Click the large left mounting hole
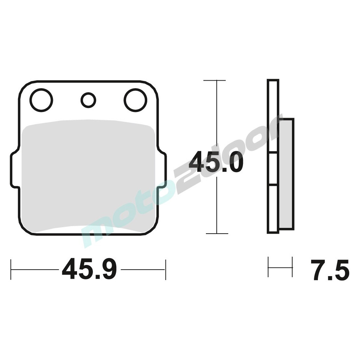click(x=41, y=100)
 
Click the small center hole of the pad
click(x=88, y=100)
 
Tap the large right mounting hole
click(x=135, y=100)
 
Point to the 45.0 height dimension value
click(x=216, y=162)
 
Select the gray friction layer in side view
click(x=286, y=173)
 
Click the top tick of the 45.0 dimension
click(x=215, y=80)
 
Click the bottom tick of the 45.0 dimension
click(x=217, y=234)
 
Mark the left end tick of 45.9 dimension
click(x=11, y=269)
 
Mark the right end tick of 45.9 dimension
click(x=165, y=269)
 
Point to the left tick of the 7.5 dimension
click(x=269, y=267)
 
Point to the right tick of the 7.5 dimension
click(x=292, y=267)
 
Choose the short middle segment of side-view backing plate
click(x=273, y=169)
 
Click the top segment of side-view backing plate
click(x=273, y=115)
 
